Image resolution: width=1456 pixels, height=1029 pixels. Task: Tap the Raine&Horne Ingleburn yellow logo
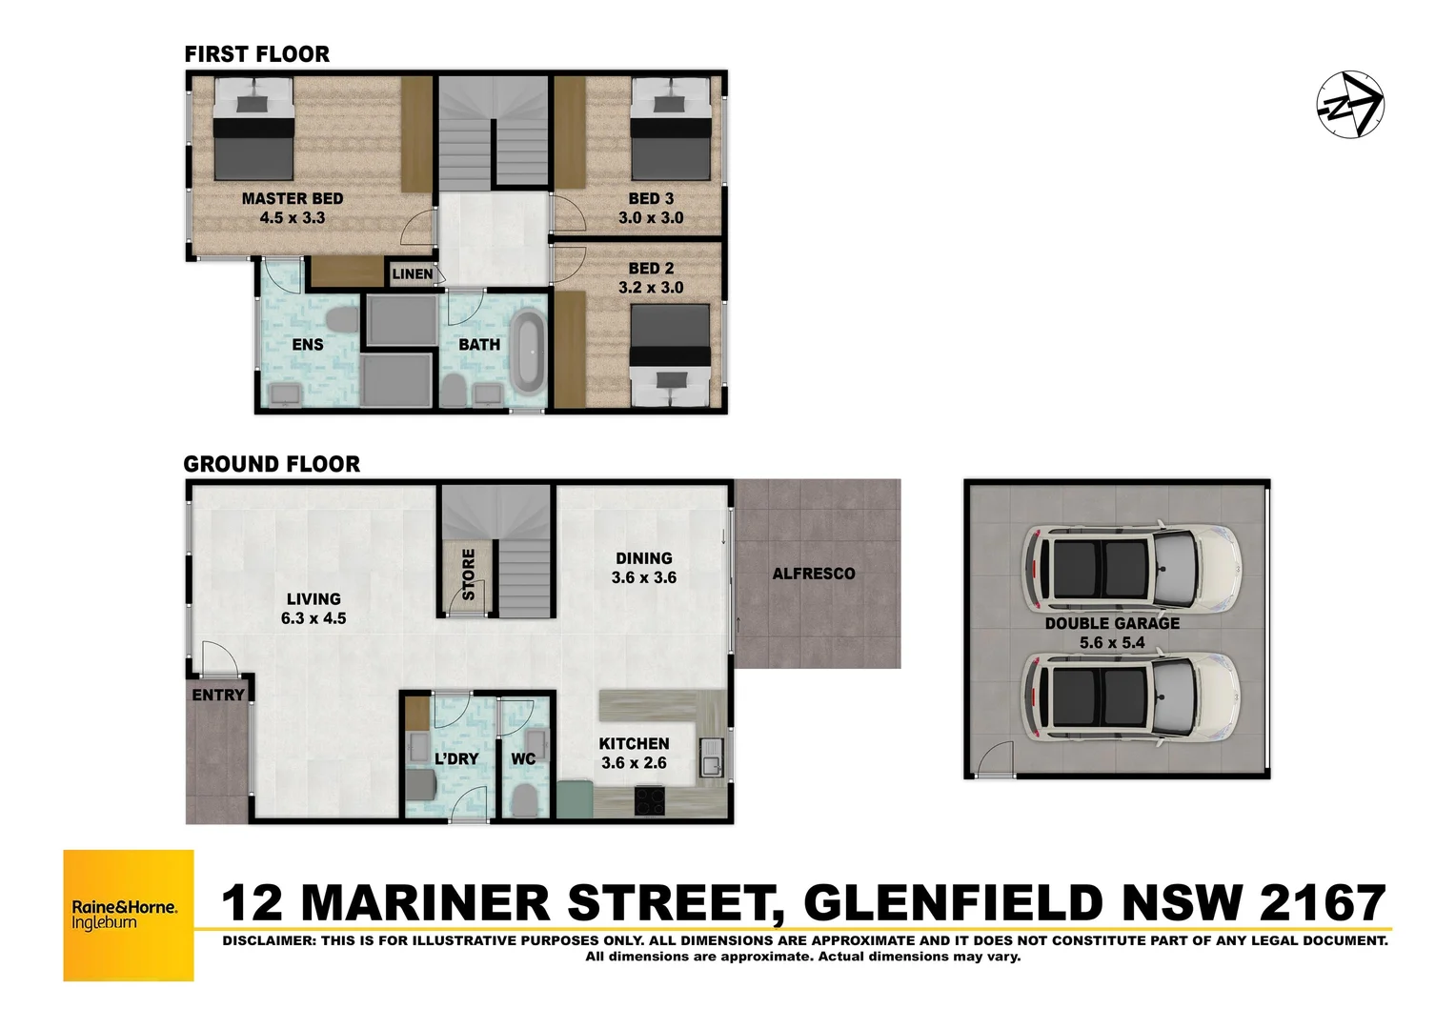[129, 915]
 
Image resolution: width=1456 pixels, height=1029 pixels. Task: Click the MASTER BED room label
[292, 199]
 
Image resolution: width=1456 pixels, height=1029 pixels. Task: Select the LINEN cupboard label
[413, 274]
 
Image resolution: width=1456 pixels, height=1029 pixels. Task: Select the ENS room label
[307, 345]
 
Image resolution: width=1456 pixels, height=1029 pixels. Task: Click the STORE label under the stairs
[468, 574]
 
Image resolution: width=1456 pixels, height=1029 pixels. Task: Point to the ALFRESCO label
[813, 574]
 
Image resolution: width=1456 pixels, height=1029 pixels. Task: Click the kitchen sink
[710, 763]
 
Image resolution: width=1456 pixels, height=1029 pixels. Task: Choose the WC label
[523, 759]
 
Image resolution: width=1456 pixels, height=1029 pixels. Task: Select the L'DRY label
[455, 759]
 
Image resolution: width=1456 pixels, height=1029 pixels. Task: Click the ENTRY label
[218, 696]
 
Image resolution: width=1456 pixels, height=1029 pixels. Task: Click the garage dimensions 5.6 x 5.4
[1112, 643]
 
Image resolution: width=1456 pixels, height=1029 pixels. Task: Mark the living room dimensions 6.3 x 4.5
[313, 618]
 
